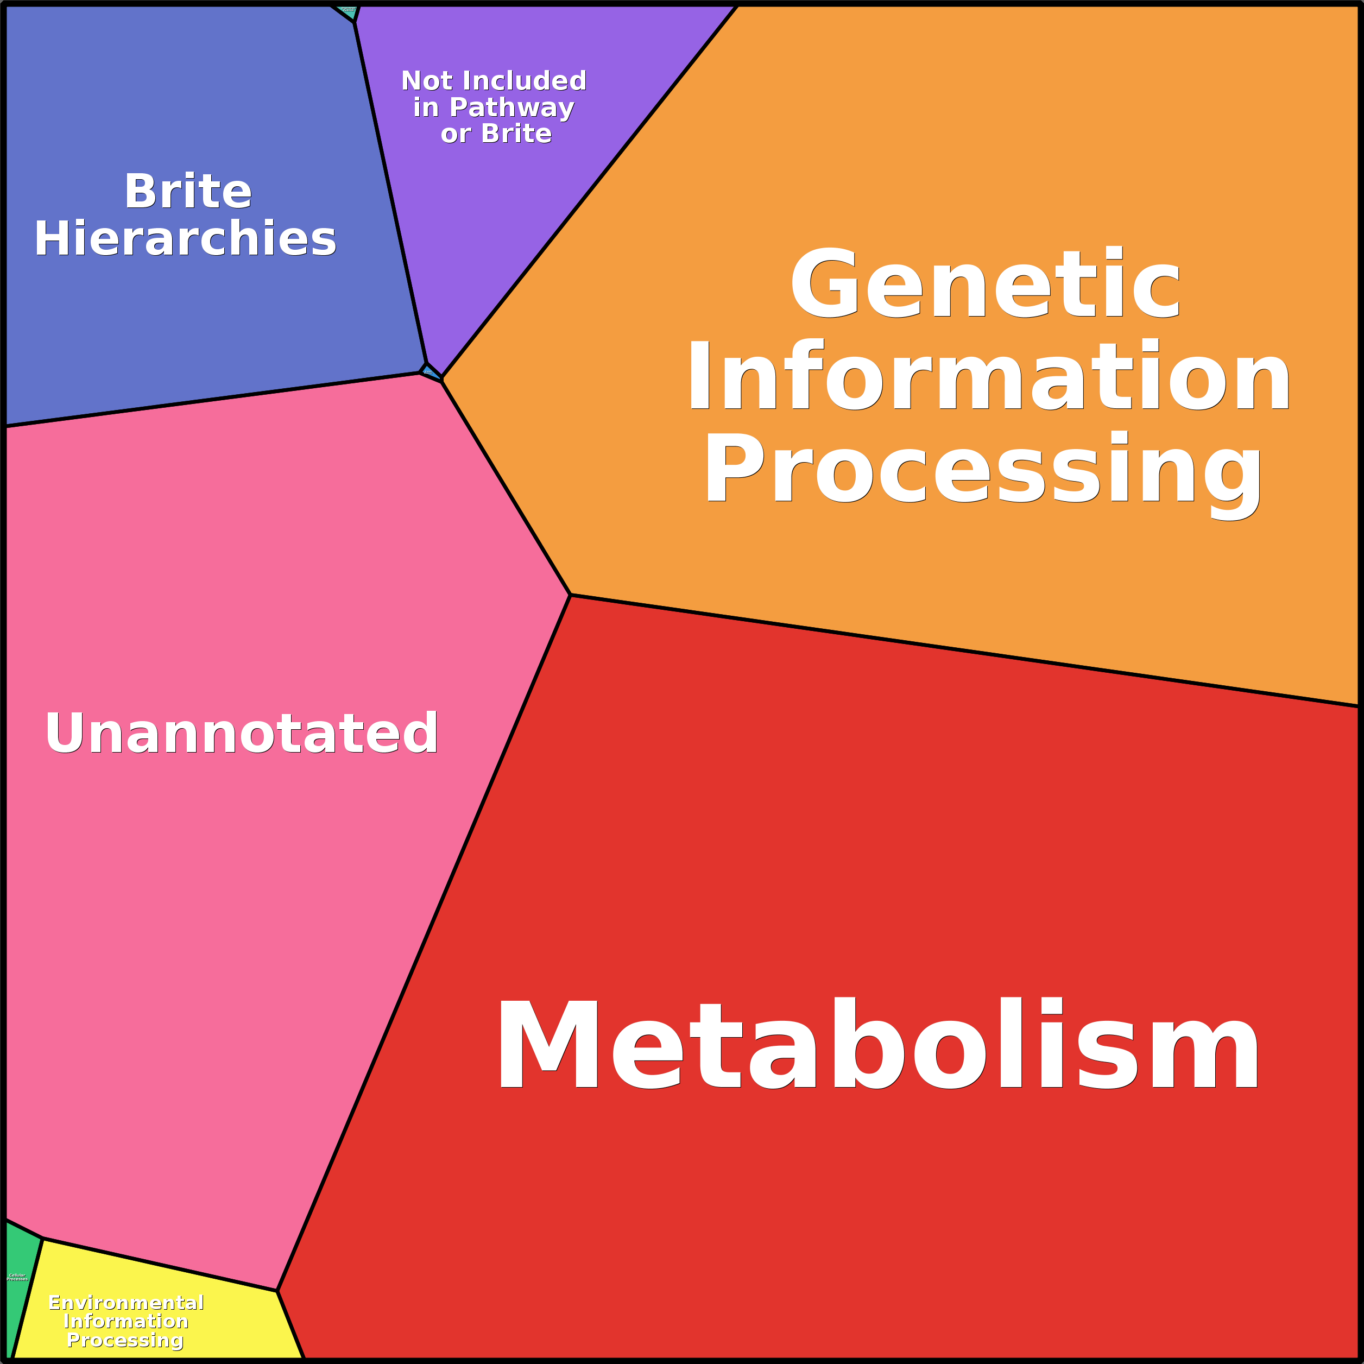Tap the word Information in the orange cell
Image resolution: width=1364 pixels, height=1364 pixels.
pos(988,376)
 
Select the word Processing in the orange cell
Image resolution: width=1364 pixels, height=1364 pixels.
pos(983,470)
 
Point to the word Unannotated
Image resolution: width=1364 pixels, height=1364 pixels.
pos(242,734)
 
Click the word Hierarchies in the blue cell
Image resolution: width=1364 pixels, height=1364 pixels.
pos(186,238)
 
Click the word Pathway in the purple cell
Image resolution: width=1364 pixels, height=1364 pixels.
pos(512,108)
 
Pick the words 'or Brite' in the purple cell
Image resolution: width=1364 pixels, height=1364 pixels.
pos(496,134)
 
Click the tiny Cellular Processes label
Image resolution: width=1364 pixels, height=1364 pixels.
pos(17,1277)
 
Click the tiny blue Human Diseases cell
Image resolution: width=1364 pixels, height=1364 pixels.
pos(428,371)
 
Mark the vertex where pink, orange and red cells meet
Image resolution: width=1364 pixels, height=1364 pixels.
pos(570,595)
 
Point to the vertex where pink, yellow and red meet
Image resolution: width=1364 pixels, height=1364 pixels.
pos(277,1291)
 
